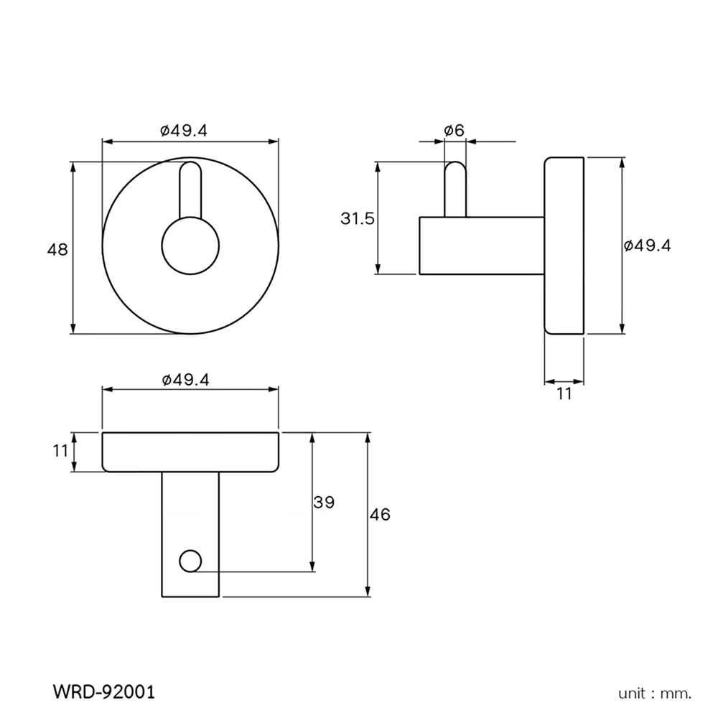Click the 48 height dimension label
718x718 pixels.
coord(57,250)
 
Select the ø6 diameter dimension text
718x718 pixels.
coord(454,130)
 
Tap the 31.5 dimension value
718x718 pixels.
coord(358,218)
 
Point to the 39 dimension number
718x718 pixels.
coord(325,502)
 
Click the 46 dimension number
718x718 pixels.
coord(380,514)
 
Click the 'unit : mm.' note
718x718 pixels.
coord(655,694)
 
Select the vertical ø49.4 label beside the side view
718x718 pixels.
coord(648,246)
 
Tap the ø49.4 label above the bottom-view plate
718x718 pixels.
coord(185,380)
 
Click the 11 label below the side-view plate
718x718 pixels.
coord(564,393)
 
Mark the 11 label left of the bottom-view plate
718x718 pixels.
coord(60,451)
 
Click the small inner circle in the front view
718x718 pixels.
coord(190,245)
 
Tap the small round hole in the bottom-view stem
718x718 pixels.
coord(190,561)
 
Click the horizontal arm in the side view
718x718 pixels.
coord(481,245)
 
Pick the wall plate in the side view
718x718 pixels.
coord(564,246)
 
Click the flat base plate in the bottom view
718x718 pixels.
coord(190,452)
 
